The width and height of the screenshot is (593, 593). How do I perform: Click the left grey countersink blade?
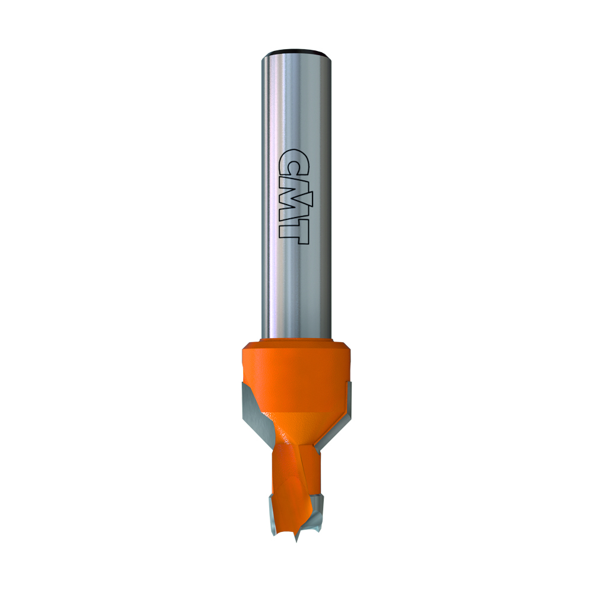(x=252, y=409)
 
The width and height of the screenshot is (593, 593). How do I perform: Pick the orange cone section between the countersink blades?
(x=296, y=421)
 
